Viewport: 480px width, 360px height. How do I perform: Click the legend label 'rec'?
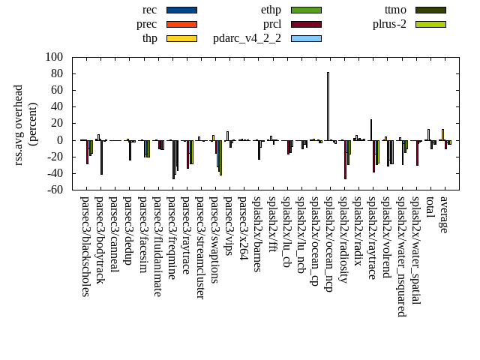point(149,10)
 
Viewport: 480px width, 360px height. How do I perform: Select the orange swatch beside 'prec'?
point(181,24)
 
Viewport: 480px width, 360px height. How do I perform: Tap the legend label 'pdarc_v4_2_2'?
point(247,38)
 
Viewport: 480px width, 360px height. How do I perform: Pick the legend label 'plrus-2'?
point(389,24)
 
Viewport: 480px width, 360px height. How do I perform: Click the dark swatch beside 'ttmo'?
point(430,10)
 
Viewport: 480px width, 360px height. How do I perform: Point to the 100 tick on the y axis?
point(55,57)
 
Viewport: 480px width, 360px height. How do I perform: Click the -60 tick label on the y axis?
point(53,190)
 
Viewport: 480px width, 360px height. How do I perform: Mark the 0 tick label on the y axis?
point(60,140)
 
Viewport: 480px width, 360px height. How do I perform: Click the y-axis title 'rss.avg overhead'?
point(19,124)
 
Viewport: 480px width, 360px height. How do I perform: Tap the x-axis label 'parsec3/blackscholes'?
point(85,246)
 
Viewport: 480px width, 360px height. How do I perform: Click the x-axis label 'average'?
point(444,214)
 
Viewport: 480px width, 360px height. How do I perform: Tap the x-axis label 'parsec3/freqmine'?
point(172,238)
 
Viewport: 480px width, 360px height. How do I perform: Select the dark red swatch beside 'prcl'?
point(306,24)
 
